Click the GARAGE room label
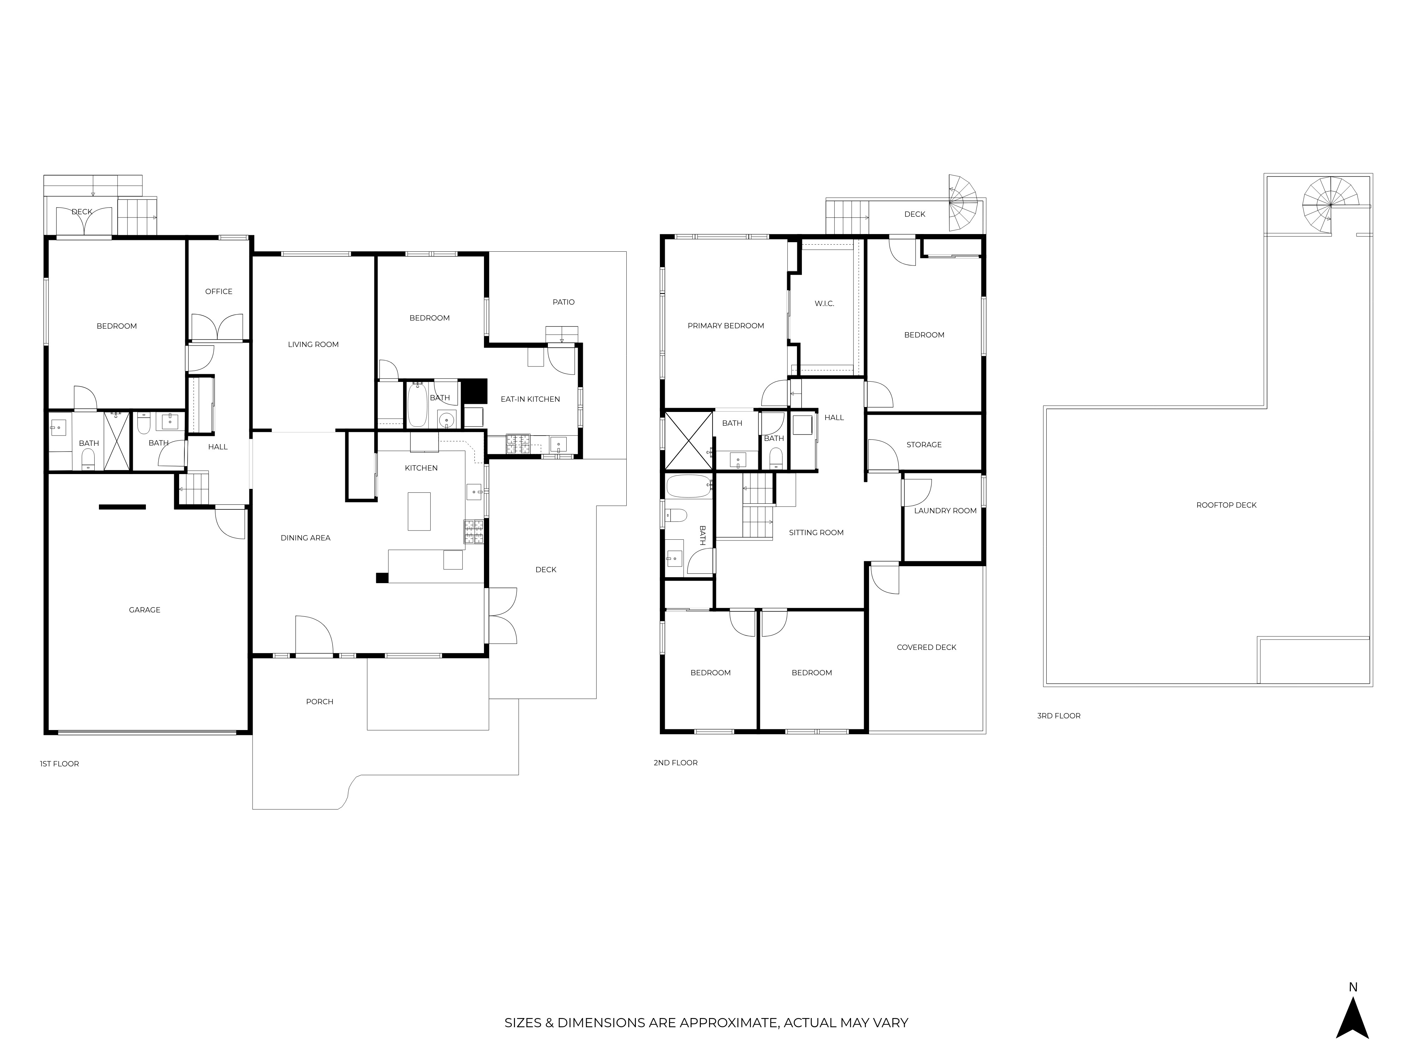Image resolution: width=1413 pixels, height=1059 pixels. point(144,610)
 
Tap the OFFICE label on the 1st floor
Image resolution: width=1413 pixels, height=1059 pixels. point(218,291)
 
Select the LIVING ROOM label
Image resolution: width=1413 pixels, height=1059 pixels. point(313,344)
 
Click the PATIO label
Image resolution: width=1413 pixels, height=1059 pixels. point(563,302)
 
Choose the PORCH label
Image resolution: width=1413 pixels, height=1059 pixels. point(319,701)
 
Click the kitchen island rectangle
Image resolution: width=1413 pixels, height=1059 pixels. point(419,511)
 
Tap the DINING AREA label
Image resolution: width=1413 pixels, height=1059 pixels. point(305,538)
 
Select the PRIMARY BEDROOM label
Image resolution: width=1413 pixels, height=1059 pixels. point(726,325)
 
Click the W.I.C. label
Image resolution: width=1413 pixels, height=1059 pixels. point(824,303)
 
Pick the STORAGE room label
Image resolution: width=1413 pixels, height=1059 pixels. point(924,444)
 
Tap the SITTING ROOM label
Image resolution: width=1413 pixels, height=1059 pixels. point(816,532)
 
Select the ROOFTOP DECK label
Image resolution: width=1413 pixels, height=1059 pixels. point(1226,505)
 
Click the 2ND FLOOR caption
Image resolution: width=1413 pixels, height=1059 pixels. point(675,762)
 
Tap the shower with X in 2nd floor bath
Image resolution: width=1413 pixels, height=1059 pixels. point(688,441)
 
